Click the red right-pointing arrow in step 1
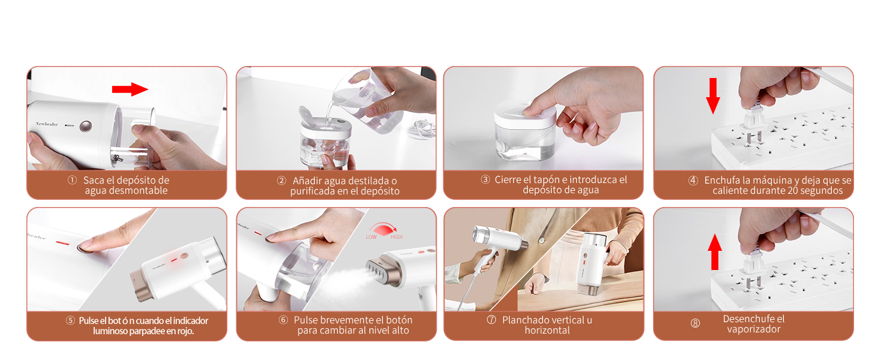(x=130, y=90)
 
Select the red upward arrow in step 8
(x=714, y=251)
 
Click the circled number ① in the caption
(x=72, y=180)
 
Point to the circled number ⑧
(x=695, y=323)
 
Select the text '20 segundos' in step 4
(x=818, y=191)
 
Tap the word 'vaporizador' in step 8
(x=754, y=329)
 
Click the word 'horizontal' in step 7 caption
(x=547, y=330)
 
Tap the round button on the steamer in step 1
(x=86, y=126)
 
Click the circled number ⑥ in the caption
(x=284, y=320)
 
